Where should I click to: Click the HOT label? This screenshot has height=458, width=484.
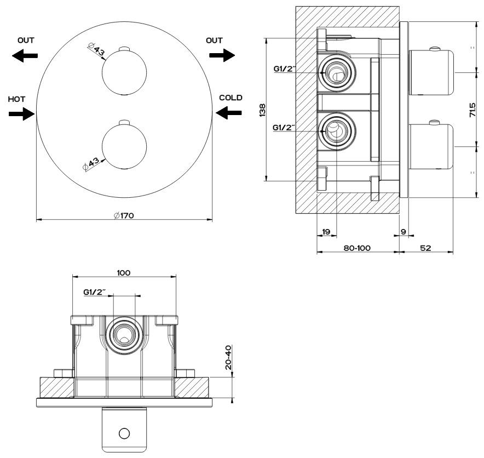pos(16,99)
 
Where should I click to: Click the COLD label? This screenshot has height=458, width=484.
pos(230,98)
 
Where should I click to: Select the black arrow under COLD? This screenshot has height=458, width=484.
pos(228,112)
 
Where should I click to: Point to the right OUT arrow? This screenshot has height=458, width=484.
pos(222,55)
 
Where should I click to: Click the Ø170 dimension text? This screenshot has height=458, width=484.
pos(124,215)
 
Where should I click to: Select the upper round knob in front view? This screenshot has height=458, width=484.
pos(124,70)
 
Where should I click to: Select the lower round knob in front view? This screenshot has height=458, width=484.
pos(124,146)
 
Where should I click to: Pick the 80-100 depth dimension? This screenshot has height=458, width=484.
pos(357,248)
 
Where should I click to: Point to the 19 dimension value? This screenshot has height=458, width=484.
pos(325,232)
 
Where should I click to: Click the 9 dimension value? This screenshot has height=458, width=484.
pos(404,232)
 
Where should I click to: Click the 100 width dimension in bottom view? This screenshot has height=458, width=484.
pos(124,272)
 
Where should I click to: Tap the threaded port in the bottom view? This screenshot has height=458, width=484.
pos(124,335)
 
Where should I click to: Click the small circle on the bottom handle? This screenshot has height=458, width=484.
pos(124,433)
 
